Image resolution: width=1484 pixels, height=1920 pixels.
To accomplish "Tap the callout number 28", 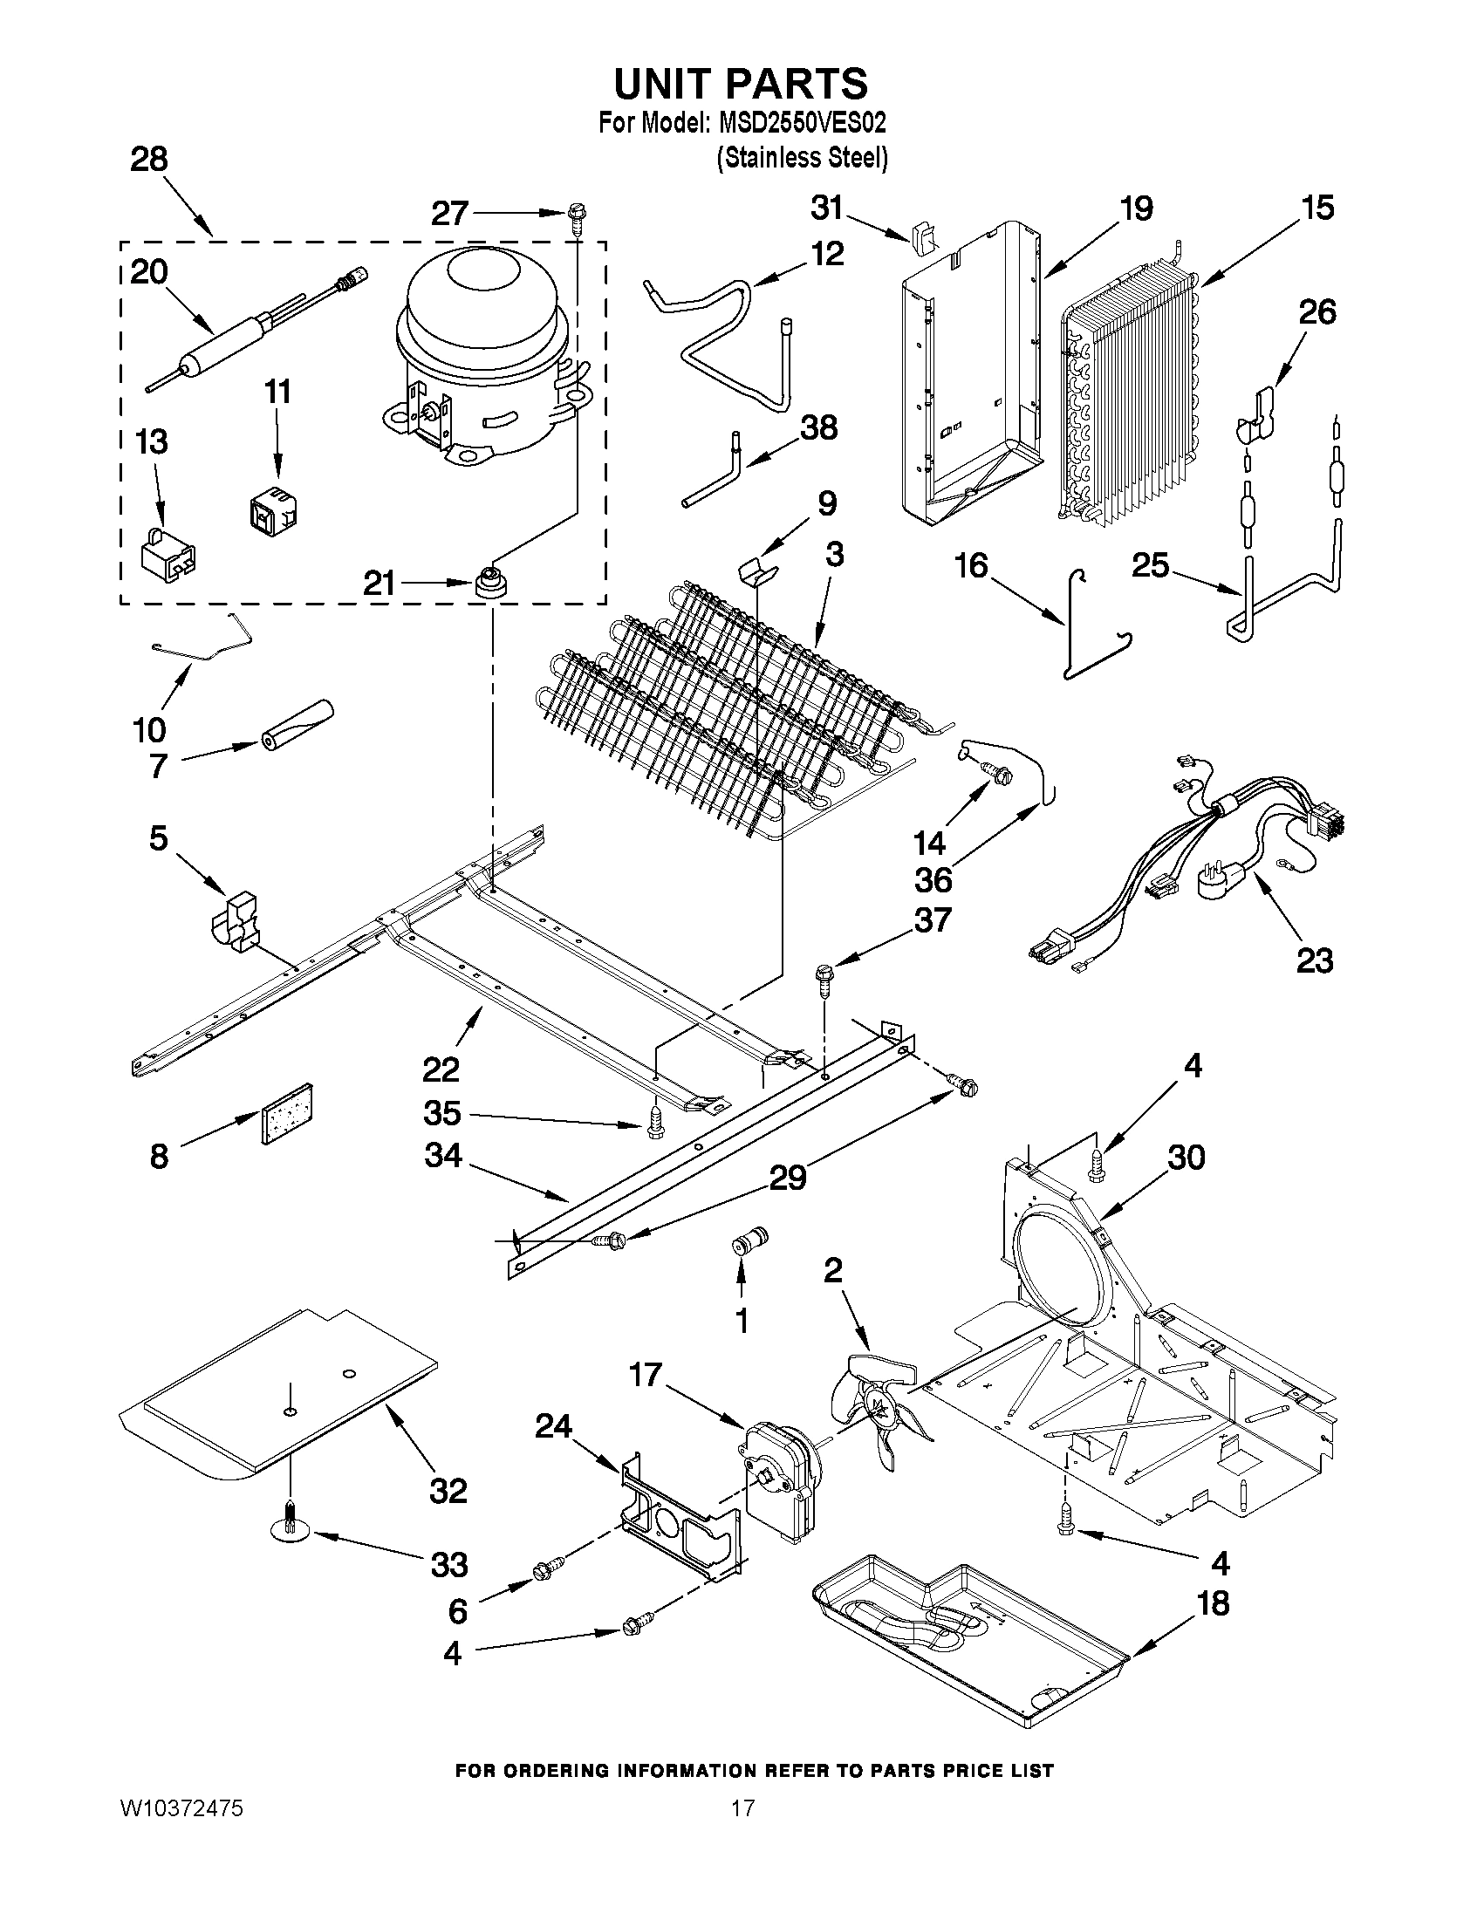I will [148, 160].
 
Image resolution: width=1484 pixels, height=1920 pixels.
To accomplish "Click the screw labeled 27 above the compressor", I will [578, 214].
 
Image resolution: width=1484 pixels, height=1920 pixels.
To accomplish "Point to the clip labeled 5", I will [236, 919].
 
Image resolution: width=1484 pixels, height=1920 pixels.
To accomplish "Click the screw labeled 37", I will [824, 977].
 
